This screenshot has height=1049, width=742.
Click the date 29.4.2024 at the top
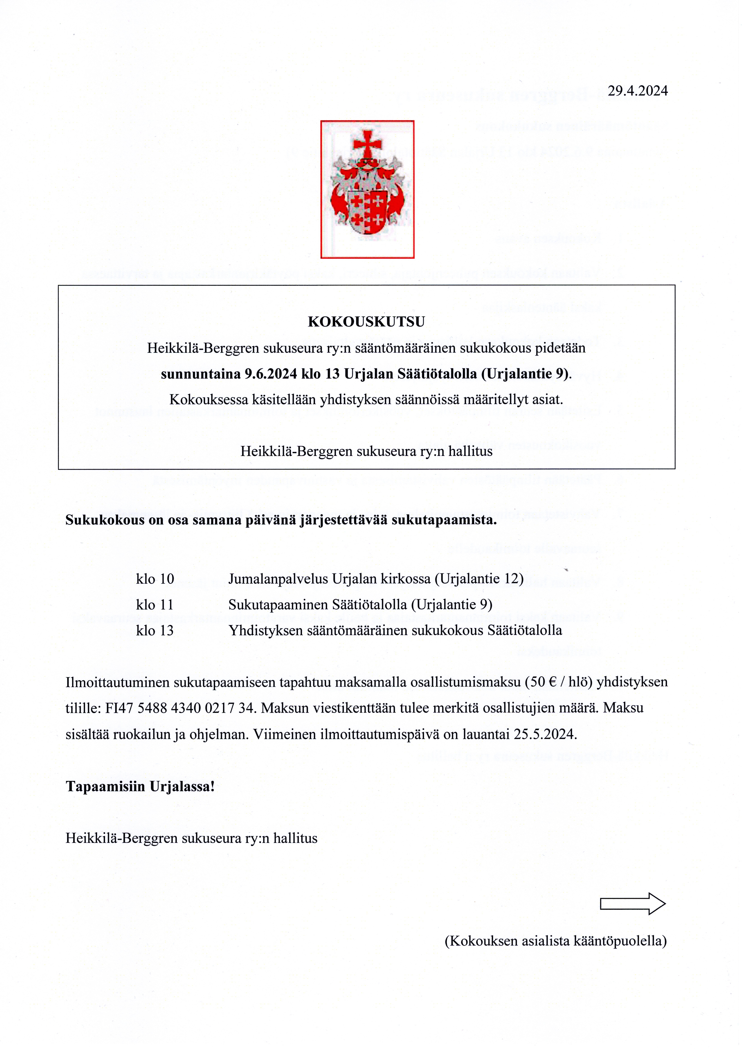click(x=637, y=91)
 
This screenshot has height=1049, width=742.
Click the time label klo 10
click(x=155, y=579)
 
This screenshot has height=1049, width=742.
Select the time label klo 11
click(x=155, y=605)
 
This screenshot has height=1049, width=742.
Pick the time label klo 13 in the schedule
click(x=155, y=631)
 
